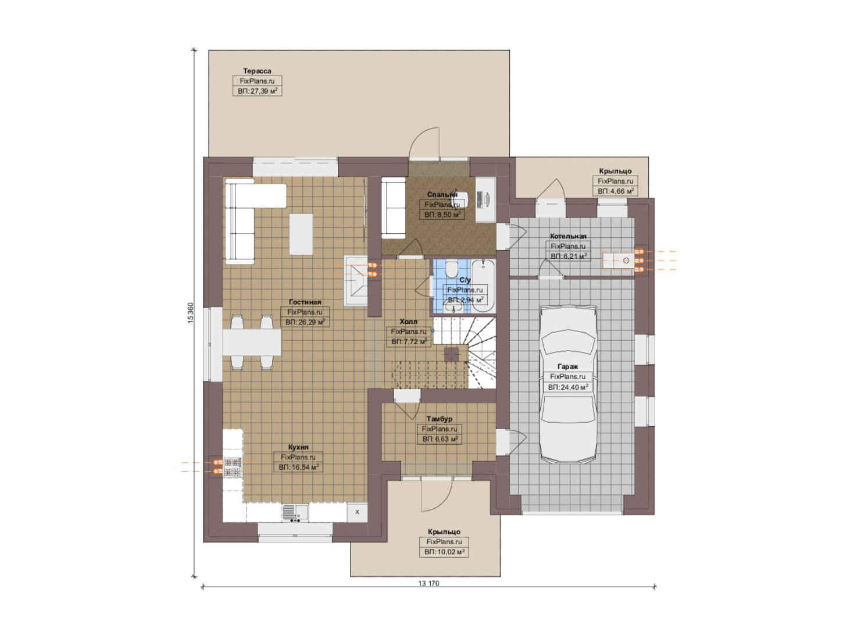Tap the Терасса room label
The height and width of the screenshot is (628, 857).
pyautogui.click(x=257, y=71)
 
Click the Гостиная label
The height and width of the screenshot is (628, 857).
pyautogui.click(x=305, y=302)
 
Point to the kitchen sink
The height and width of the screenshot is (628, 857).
pyautogui.click(x=295, y=513)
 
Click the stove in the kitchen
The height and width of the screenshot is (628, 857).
pyautogui.click(x=233, y=468)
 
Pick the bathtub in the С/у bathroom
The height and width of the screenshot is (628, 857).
pyautogui.click(x=483, y=286)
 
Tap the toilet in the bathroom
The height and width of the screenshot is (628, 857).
pyautogui.click(x=452, y=269)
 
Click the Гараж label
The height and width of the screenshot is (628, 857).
pyautogui.click(x=568, y=366)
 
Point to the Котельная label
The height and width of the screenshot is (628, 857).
pyautogui.click(x=568, y=236)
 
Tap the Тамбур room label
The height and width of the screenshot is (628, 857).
pyautogui.click(x=440, y=419)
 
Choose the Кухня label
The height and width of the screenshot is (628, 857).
pyautogui.click(x=298, y=447)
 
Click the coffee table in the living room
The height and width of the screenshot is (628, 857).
pyautogui.click(x=301, y=234)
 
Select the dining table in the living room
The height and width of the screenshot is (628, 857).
pyautogui.click(x=252, y=342)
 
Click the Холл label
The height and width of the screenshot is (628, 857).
pyautogui.click(x=409, y=322)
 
